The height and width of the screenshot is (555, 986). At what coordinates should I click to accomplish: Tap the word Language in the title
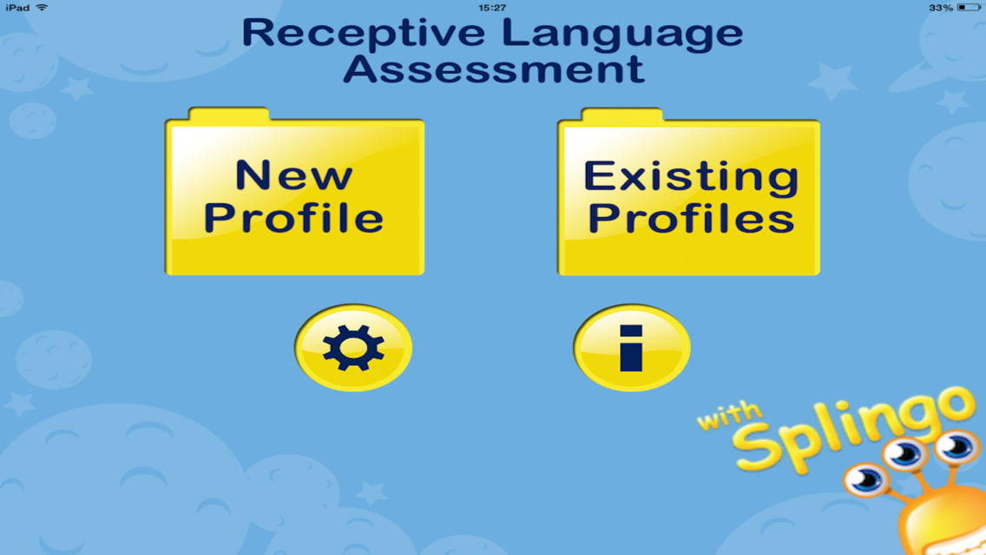click(622, 33)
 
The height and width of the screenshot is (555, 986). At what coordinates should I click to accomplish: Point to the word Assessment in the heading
click(493, 68)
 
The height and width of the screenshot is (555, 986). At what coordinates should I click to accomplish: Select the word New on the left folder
click(294, 175)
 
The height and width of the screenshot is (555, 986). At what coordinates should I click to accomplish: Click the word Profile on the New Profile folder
click(294, 218)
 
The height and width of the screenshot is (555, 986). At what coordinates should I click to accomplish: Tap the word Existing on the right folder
click(691, 176)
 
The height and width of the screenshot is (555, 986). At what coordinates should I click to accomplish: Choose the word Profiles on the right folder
click(691, 218)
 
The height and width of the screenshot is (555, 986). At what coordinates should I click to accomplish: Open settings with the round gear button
click(353, 348)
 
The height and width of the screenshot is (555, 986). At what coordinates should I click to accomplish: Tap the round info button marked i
click(632, 348)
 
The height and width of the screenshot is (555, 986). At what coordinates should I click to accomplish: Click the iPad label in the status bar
click(17, 7)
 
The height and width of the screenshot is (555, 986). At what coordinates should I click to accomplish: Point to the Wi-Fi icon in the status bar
click(42, 7)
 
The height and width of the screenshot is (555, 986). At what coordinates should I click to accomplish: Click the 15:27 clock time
click(492, 7)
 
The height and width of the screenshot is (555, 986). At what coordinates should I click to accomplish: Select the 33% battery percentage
click(941, 7)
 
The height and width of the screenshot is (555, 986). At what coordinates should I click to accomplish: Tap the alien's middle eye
click(905, 453)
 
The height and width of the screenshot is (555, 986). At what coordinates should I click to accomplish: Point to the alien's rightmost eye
click(957, 446)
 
